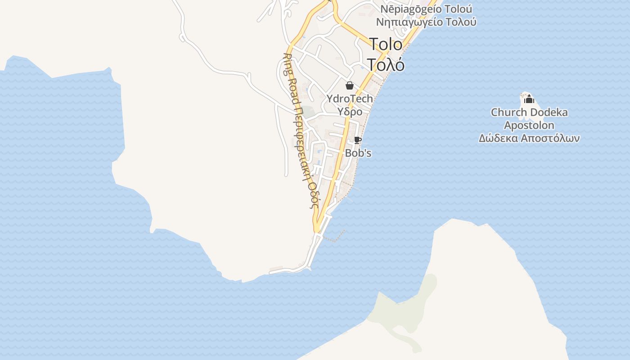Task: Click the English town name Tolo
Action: click(x=386, y=44)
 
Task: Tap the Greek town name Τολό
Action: click(x=386, y=65)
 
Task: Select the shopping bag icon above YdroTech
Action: click(x=350, y=85)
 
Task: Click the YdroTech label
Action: click(x=350, y=99)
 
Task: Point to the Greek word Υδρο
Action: click(x=350, y=111)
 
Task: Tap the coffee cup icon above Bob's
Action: click(x=358, y=140)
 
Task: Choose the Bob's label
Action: click(x=358, y=153)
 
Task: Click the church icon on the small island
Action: click(x=529, y=99)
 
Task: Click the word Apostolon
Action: click(x=529, y=125)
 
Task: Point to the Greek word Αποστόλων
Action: click(x=550, y=138)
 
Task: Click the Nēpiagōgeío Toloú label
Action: click(x=426, y=9)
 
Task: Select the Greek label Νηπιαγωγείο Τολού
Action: click(x=426, y=22)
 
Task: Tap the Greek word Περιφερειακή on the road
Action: click(x=301, y=135)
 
